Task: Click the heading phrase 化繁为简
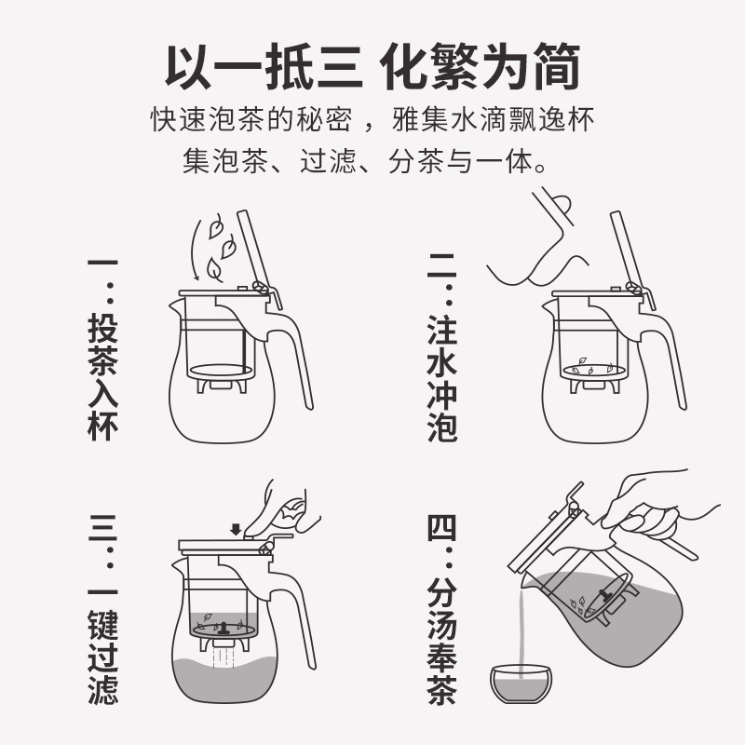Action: pos(480,67)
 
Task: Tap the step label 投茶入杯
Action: pos(102,377)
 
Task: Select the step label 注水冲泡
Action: pos(442,377)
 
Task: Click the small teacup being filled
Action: pos(521,684)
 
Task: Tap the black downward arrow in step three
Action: pos(236,530)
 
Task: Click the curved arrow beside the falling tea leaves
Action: pos(195,250)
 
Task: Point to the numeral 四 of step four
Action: pos(442,527)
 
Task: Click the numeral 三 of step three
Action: pos(102,527)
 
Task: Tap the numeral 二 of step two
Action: pos(442,266)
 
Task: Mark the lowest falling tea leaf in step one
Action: pos(214,270)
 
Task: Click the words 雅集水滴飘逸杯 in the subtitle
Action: pos(494,119)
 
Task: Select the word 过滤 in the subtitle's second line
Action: pos(329,161)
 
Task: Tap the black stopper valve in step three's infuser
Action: pos(223,628)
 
